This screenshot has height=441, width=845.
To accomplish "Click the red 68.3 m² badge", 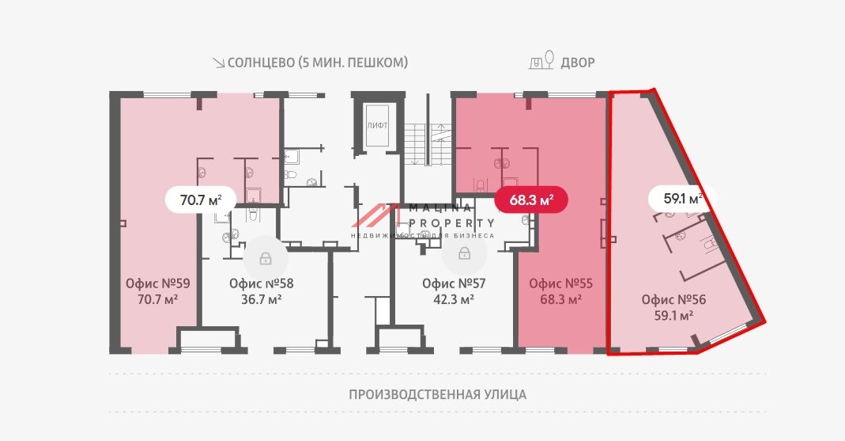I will [x=530, y=200].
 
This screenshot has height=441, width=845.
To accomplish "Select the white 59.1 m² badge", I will [x=675, y=200].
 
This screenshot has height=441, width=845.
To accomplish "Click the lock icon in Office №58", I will [x=265, y=258].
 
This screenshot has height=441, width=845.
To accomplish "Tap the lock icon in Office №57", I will [x=464, y=254].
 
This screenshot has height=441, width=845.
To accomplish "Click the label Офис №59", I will [x=158, y=283].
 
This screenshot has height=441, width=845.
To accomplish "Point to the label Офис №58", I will [x=262, y=283].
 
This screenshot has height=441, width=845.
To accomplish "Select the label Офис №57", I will [x=454, y=283].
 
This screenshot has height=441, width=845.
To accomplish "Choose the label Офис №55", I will [x=561, y=283].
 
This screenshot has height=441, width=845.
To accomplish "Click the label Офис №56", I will [x=673, y=299].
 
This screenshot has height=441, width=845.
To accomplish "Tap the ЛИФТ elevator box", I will [x=376, y=126].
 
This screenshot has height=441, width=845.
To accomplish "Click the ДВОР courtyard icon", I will [x=541, y=62].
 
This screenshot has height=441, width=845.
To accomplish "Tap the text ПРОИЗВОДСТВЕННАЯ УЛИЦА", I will [x=437, y=394].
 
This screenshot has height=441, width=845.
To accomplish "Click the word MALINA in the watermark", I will [x=439, y=208].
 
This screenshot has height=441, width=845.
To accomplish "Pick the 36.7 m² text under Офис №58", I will [x=262, y=299].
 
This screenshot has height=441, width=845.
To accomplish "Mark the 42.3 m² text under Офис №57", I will [x=454, y=299].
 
